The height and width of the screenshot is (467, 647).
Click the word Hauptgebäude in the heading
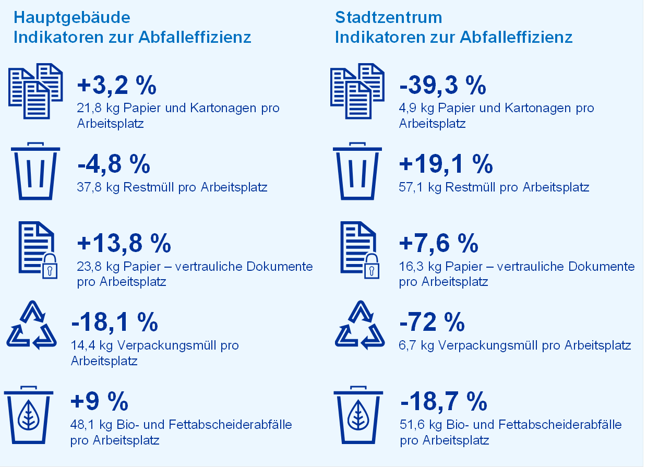[x=71, y=18]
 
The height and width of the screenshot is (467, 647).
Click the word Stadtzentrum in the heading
[x=388, y=18]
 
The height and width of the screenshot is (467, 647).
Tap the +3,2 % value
[x=116, y=86]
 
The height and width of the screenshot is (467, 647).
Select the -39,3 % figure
[x=442, y=86]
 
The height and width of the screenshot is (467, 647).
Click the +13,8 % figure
[x=124, y=243]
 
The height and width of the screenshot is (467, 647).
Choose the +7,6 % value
[x=438, y=243]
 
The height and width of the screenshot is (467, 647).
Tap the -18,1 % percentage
[x=114, y=322]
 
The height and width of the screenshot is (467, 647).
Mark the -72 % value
[x=432, y=322]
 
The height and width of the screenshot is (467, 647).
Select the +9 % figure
[x=99, y=402]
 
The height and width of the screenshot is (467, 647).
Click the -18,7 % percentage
[x=444, y=402]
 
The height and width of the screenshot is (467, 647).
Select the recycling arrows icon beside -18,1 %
[x=32, y=326]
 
